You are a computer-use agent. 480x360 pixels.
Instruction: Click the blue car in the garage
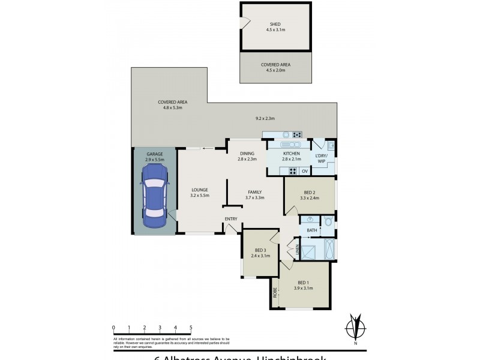click(154, 195)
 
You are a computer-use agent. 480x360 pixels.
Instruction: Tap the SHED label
click(275, 24)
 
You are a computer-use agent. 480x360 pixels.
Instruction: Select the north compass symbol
click(356, 328)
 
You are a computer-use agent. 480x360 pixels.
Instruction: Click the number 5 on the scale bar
click(191, 328)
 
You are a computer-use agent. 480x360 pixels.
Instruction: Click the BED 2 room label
click(310, 191)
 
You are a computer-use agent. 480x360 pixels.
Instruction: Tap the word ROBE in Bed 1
click(275, 293)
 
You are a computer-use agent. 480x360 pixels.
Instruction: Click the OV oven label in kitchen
click(305, 172)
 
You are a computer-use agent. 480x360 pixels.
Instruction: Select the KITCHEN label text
click(291, 154)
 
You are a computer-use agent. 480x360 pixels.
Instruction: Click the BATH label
click(312, 230)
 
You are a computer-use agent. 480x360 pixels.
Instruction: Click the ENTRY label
click(231, 218)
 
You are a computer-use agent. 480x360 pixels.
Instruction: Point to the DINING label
click(247, 153)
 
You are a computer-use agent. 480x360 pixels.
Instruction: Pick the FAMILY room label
click(255, 191)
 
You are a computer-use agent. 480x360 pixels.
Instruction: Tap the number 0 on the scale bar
click(113, 328)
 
